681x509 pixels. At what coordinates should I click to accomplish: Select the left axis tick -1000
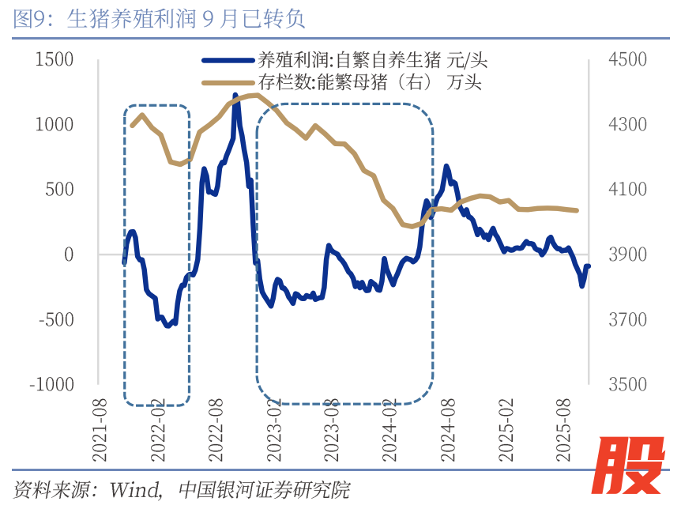point(51,384)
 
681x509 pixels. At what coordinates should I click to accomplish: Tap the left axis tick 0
point(68,254)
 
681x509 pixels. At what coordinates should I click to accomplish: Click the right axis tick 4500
point(626,60)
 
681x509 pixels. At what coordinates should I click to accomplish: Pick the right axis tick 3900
point(626,254)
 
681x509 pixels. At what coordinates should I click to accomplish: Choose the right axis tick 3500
point(626,384)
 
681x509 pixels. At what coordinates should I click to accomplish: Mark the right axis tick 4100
point(626,190)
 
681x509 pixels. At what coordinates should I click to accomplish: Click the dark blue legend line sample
point(228,60)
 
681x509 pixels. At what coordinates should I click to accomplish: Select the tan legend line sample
point(228,81)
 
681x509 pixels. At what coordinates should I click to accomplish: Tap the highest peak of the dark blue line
point(235,96)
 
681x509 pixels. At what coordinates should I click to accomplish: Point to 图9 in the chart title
point(30,19)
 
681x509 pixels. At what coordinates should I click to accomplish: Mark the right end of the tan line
point(578,210)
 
